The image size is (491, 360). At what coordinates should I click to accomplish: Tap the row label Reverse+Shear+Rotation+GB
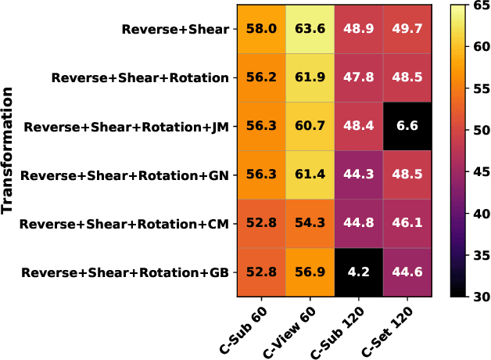click(x=125, y=273)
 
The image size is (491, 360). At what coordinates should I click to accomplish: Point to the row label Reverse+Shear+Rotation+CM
click(x=124, y=225)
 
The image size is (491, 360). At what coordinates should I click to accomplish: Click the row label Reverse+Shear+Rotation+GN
click(x=125, y=175)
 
